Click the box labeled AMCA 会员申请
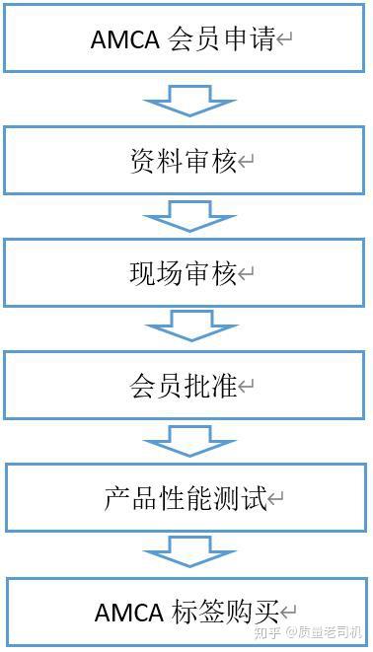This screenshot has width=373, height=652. click(x=185, y=40)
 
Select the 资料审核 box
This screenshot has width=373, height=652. click(x=185, y=160)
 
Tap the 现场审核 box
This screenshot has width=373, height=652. click(x=185, y=273)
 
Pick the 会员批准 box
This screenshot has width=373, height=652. click(x=185, y=386)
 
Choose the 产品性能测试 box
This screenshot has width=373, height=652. click(x=185, y=498)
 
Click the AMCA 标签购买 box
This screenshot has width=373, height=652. click(x=185, y=612)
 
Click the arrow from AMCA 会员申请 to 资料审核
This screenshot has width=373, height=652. click(x=189, y=101)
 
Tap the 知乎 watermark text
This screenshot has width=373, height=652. click(x=266, y=633)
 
